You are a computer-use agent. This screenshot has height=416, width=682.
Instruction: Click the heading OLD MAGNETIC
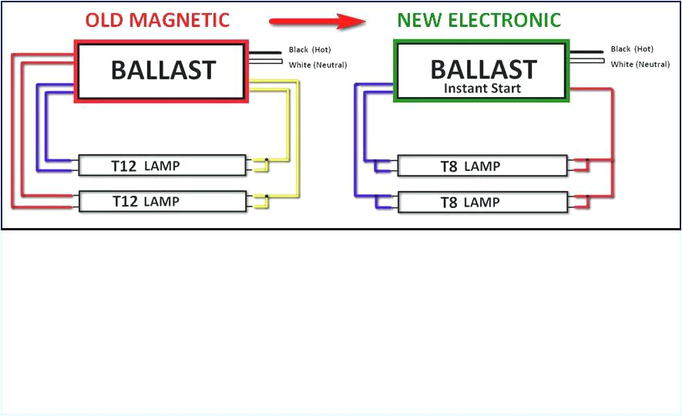click(x=157, y=20)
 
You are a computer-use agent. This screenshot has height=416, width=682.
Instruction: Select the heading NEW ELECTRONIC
click(x=479, y=20)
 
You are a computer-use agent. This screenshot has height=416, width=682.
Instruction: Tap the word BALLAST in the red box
click(x=163, y=70)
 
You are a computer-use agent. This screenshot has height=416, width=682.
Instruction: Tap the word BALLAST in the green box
click(x=482, y=69)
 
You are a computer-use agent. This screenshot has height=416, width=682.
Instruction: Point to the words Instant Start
click(x=482, y=88)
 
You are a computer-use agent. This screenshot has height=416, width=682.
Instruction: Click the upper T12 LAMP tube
click(x=163, y=165)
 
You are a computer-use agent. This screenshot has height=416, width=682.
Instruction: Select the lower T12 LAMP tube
click(x=163, y=201)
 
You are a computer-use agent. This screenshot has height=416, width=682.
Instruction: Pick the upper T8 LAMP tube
click(x=482, y=166)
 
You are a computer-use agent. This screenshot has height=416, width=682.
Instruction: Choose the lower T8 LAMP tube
click(x=482, y=202)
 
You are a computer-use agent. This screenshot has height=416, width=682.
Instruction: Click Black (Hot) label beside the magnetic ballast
click(x=309, y=50)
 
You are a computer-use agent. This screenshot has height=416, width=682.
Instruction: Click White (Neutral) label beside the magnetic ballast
click(x=317, y=65)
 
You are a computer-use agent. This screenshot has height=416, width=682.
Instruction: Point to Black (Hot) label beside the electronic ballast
click(x=632, y=49)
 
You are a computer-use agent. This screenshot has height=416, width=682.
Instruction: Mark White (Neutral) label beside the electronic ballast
click(x=640, y=64)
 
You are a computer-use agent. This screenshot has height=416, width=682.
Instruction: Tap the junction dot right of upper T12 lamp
click(x=266, y=161)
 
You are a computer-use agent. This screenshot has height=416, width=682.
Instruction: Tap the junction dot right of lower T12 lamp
click(x=266, y=197)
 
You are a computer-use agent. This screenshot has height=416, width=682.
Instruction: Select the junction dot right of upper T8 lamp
click(x=587, y=162)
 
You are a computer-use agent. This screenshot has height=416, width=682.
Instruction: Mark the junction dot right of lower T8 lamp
click(x=587, y=198)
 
